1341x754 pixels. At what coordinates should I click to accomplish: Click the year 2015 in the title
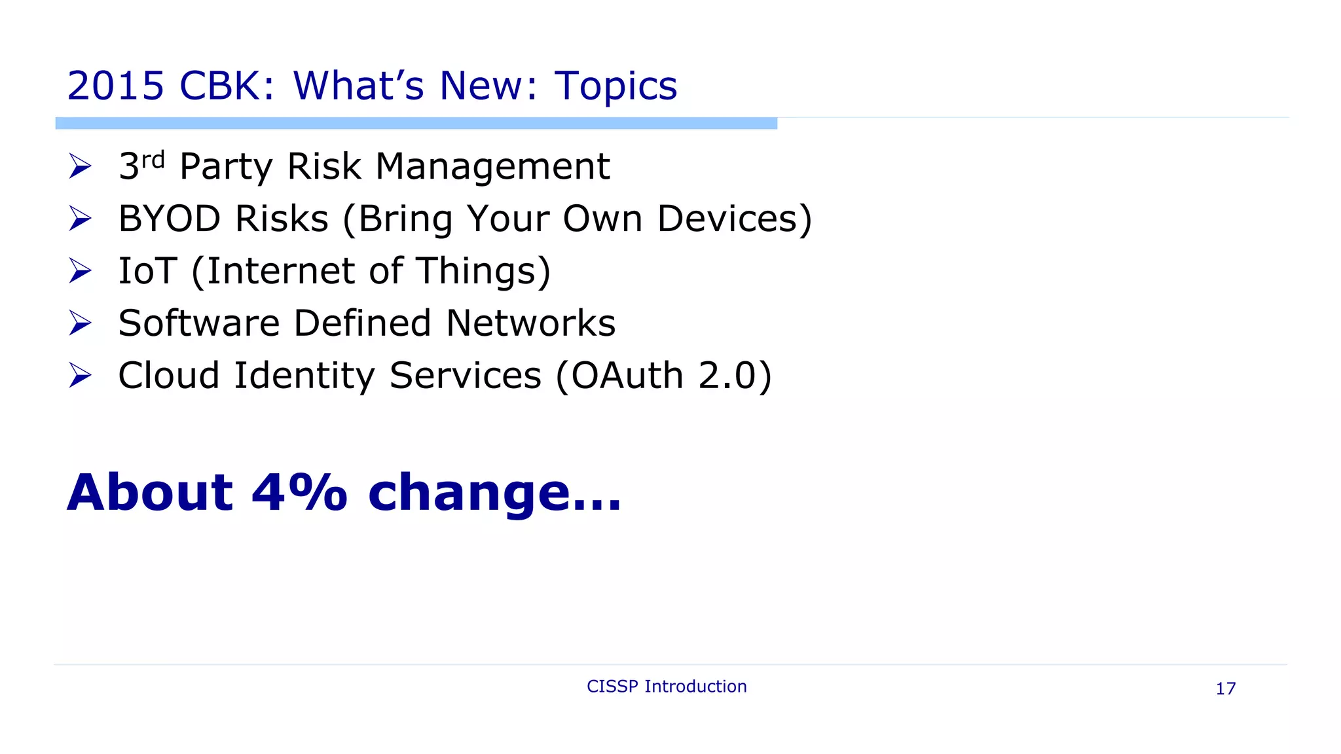pos(115,86)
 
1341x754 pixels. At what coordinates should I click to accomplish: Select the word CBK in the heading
pos(219,86)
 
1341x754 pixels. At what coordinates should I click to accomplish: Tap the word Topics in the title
pos(615,87)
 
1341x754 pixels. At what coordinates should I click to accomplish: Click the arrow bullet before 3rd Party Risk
pos(80,166)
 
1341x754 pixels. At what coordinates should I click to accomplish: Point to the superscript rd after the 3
pos(153,159)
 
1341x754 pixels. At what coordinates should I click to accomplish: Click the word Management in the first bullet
pos(492,167)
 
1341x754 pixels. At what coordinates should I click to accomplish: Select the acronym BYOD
pos(170,219)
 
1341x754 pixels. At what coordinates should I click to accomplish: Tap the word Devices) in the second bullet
pos(734,219)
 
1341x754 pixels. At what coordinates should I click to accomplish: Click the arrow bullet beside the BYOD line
pos(80,219)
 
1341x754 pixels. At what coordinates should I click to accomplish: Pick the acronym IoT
pos(147,271)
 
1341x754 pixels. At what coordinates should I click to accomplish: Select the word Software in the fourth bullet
pos(199,323)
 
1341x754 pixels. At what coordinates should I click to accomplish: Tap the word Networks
pos(530,323)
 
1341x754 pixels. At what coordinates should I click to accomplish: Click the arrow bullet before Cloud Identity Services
pos(80,376)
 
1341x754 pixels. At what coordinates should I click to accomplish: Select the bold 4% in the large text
pos(299,492)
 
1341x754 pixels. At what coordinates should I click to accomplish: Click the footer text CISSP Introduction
pos(667,687)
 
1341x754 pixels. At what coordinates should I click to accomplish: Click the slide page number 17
pos(1225,689)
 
